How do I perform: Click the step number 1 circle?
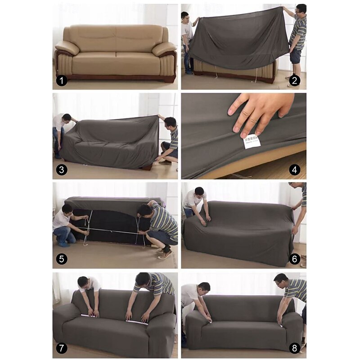pos(62,81)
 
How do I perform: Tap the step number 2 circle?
pos(295,81)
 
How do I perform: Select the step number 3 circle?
pos(62,170)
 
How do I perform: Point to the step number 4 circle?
pos(295,170)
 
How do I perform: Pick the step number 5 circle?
pos(62,259)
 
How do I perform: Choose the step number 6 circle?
pos(295,259)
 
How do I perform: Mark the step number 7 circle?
pos(62,348)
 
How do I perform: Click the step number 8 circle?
pos(295,348)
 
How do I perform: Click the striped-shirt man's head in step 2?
pos(301,9)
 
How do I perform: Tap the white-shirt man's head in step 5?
pos(67,210)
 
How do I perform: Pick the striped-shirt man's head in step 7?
pos(142,279)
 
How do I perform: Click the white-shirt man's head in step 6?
pos(199,192)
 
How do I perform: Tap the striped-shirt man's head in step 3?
pos(170,122)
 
